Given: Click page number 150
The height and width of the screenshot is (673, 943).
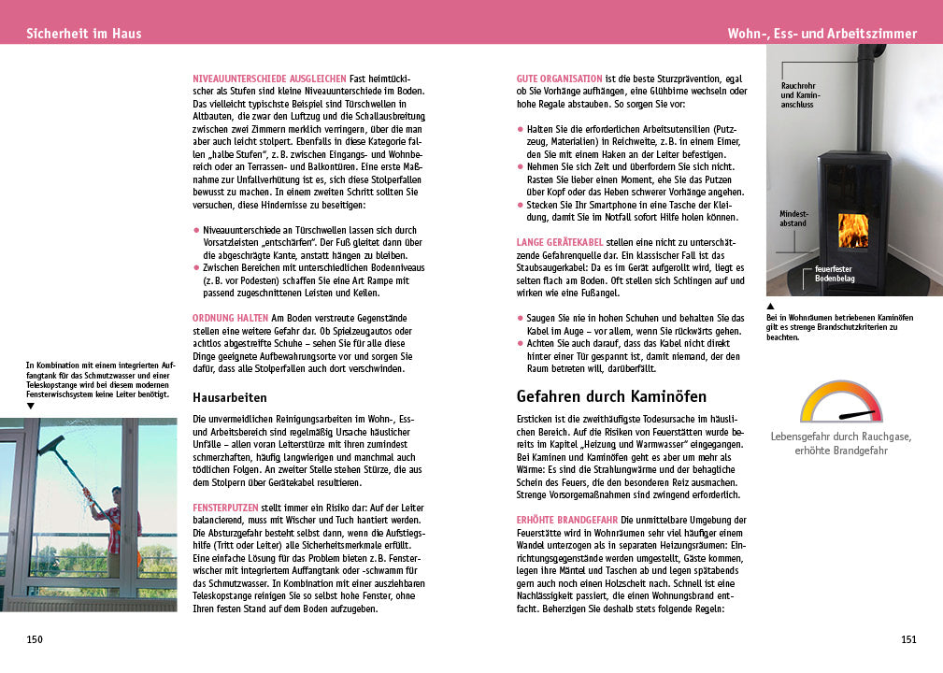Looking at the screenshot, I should [35, 639].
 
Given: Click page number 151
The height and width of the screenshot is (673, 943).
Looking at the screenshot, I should [908, 639].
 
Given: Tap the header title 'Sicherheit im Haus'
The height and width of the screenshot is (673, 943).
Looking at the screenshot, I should [84, 33].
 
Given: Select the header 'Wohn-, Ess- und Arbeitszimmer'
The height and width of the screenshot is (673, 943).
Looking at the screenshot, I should [822, 34].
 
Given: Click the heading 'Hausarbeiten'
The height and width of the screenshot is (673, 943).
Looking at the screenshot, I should [230, 397].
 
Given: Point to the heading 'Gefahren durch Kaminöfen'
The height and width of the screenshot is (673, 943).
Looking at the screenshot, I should [611, 396].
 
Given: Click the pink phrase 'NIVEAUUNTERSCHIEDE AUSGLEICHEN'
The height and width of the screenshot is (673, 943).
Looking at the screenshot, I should [268, 78].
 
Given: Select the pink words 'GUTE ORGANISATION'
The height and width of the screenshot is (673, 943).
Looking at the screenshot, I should [559, 78].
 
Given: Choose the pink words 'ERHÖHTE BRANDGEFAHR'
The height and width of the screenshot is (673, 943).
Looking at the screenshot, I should [566, 519].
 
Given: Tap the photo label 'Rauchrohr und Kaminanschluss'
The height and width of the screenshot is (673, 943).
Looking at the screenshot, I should [800, 95].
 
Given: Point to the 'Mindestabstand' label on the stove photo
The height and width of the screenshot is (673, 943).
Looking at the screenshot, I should [793, 219].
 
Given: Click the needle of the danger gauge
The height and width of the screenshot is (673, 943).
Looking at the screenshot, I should [857, 413].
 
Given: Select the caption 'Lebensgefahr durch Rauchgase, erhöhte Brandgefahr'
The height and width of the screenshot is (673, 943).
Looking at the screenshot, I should [840, 443].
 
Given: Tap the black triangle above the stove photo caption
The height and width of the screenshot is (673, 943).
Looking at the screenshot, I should [770, 306].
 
